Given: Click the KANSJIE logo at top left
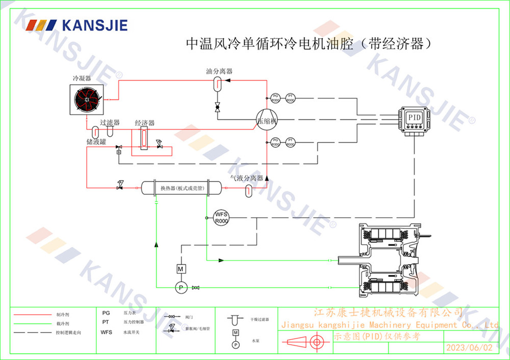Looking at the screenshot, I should click(77, 25).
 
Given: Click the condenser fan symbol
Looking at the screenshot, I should click(88, 100).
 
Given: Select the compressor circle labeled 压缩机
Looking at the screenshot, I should click(267, 121).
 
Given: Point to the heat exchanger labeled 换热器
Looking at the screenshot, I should click(175, 188).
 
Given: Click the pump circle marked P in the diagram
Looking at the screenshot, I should click(180, 288).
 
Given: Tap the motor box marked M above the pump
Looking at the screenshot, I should click(180, 268).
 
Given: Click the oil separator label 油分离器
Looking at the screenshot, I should click(219, 71).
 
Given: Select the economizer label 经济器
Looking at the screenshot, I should click(145, 123).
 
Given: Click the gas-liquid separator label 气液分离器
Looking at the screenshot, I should click(247, 178).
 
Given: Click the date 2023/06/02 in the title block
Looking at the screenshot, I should click(469, 348).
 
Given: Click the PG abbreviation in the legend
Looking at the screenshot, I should click(106, 313).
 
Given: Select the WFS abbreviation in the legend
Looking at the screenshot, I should click(106, 332).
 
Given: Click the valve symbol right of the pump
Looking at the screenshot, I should click(195, 288).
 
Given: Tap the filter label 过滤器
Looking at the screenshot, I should click(110, 122).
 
